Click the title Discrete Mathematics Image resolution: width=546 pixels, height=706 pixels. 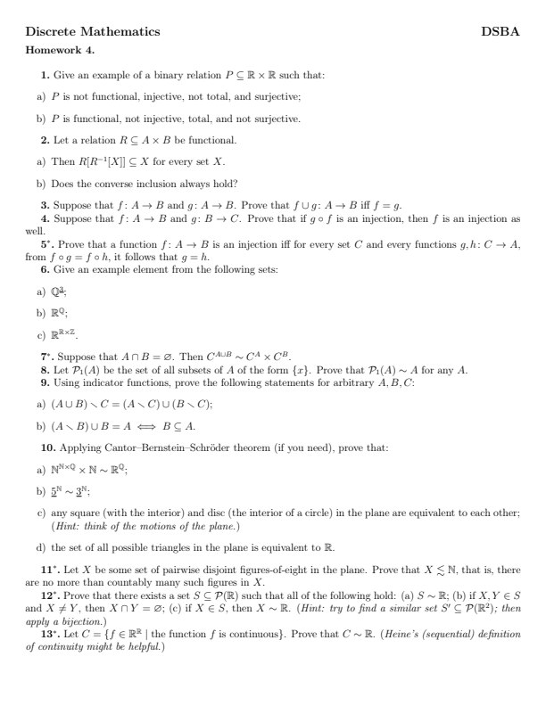(93, 31)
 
